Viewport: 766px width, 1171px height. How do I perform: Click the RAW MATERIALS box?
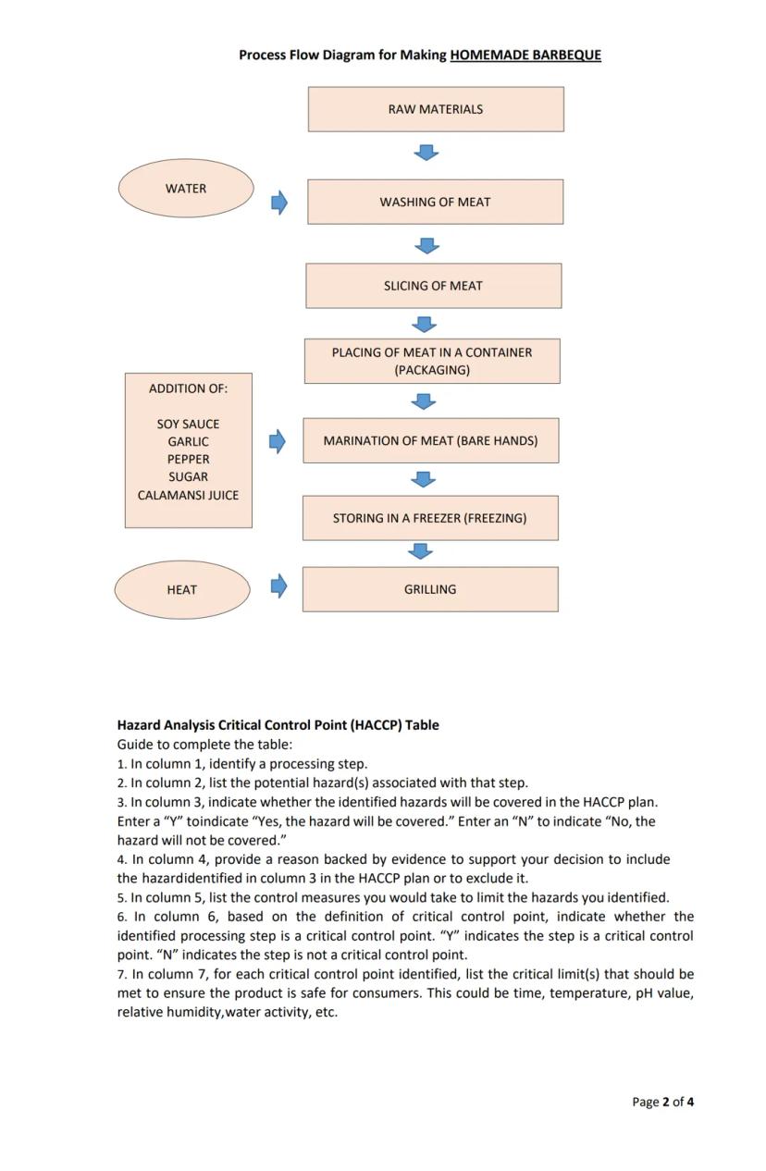[435, 109]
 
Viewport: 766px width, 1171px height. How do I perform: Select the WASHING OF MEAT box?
[435, 202]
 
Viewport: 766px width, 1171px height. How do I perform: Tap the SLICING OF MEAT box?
[433, 286]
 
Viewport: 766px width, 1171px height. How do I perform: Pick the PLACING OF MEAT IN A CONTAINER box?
[432, 361]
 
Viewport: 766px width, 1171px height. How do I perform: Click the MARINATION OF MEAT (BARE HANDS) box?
[430, 440]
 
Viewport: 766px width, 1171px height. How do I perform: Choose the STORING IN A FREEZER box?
[429, 518]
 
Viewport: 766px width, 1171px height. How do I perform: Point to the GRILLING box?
[430, 589]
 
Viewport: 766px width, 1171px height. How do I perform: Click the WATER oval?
[186, 189]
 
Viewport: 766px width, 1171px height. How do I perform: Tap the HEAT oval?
[182, 589]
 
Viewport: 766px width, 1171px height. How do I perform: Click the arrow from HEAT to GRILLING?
[278, 585]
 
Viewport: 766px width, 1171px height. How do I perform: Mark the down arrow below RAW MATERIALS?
[426, 152]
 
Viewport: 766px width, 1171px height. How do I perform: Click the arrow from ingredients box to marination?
[278, 441]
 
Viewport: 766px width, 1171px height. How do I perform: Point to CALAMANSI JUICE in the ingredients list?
[188, 495]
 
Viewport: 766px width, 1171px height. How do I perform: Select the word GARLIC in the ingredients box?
[188, 442]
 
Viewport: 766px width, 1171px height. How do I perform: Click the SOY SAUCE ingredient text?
[188, 424]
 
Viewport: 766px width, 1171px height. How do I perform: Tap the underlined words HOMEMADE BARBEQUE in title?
[525, 55]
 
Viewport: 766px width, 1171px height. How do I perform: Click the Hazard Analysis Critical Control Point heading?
[278, 725]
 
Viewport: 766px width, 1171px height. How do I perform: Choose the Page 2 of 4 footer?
[662, 1102]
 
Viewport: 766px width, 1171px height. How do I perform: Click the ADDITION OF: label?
[188, 388]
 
